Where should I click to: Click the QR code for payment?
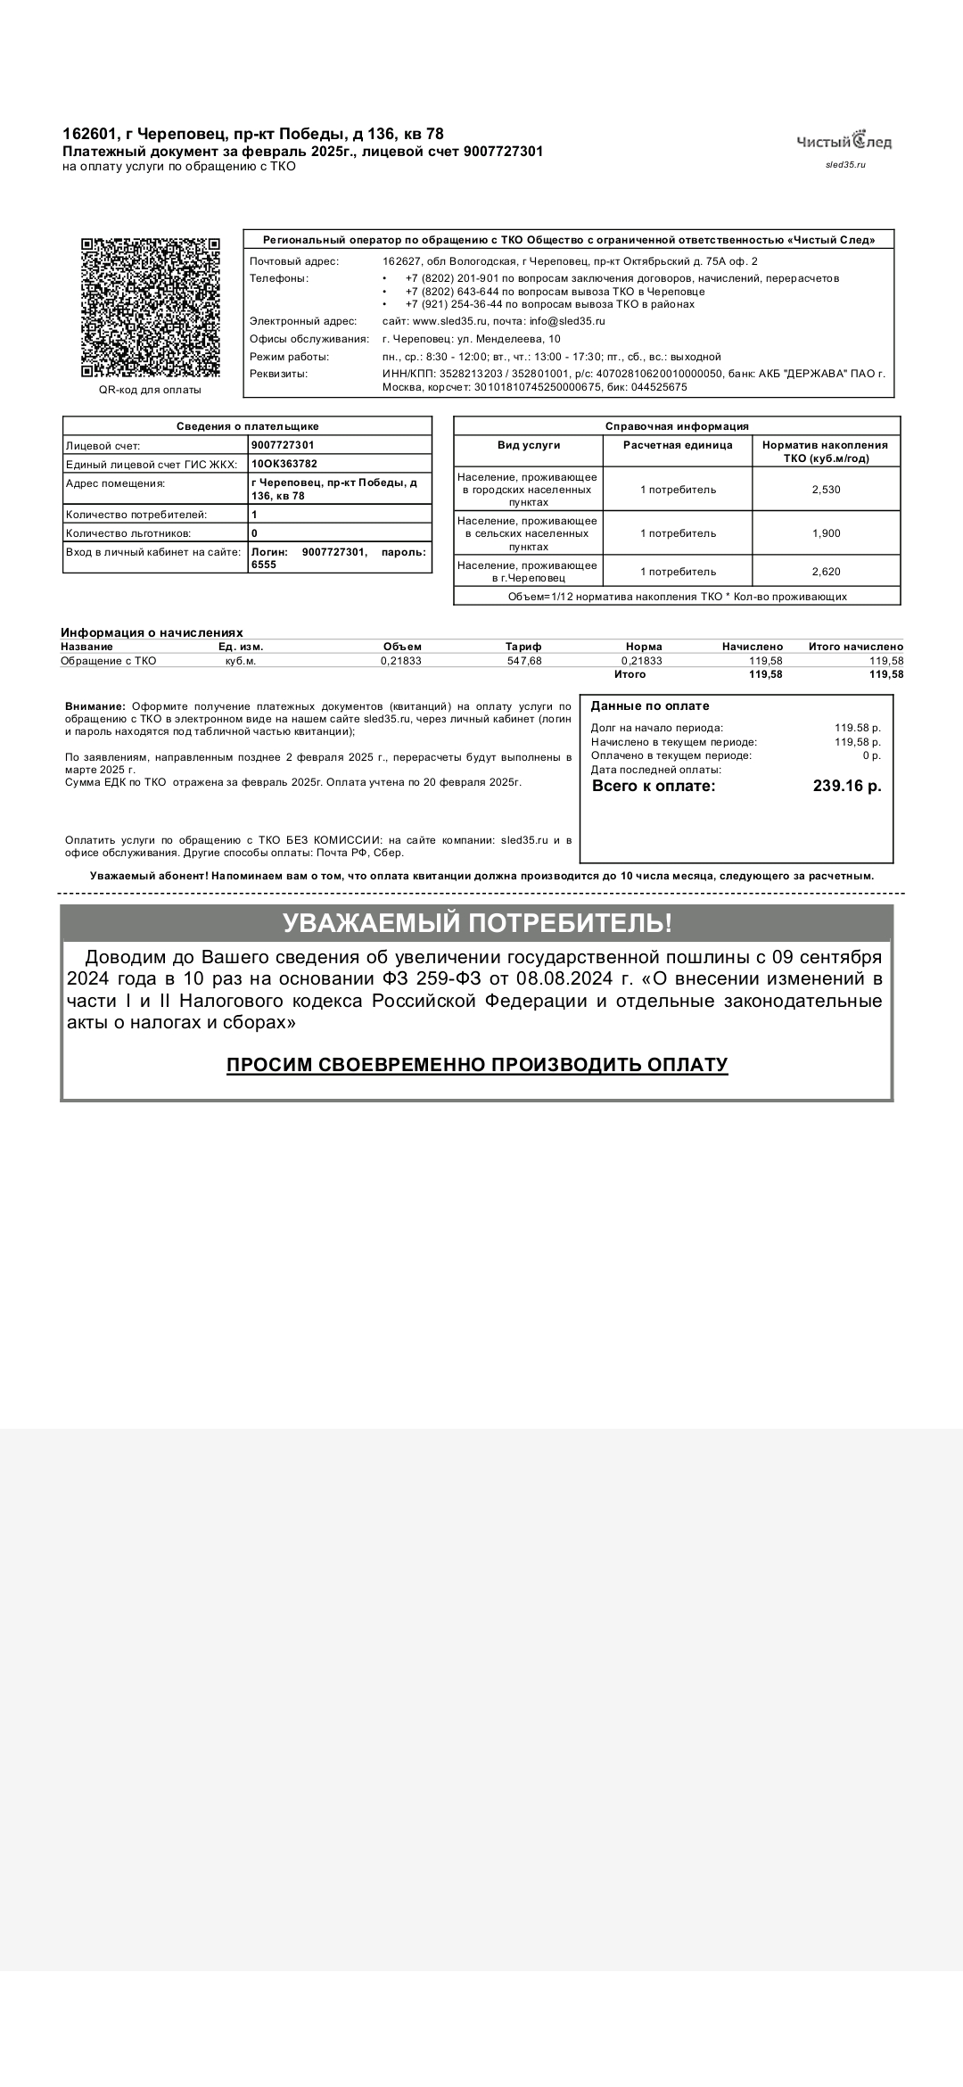click(150, 308)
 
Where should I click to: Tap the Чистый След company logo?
click(844, 141)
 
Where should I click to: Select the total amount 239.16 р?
click(846, 786)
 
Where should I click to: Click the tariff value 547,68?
click(523, 661)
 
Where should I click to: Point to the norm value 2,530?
click(826, 490)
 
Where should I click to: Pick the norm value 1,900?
click(826, 533)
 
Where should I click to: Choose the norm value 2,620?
click(826, 572)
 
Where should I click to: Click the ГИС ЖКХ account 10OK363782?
click(284, 464)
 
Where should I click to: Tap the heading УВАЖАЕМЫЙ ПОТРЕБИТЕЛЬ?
click(477, 923)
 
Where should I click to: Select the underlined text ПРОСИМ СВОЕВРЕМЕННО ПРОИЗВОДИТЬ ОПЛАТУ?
click(477, 1065)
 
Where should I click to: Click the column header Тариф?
click(523, 647)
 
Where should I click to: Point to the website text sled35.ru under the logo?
click(845, 165)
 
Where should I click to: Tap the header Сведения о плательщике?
click(247, 426)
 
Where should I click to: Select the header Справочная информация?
click(677, 426)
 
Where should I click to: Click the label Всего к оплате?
click(654, 786)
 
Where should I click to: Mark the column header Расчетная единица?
click(678, 444)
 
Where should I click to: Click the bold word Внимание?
click(95, 706)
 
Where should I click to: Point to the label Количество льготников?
click(128, 533)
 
